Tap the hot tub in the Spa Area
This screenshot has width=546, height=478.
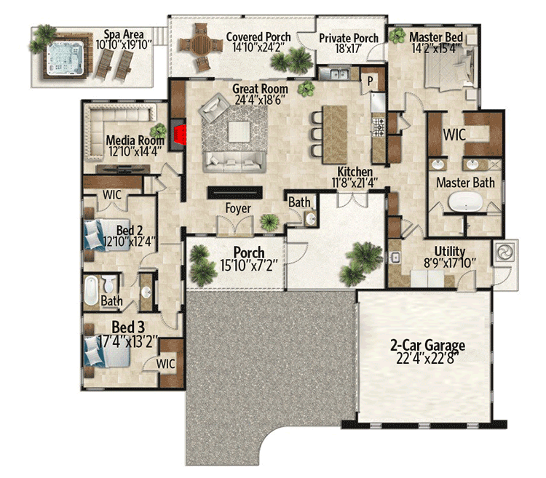(x=65, y=58)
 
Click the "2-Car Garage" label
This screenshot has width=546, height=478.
(x=427, y=346)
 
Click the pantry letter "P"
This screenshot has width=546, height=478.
(x=370, y=81)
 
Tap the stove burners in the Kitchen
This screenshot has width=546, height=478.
(x=379, y=127)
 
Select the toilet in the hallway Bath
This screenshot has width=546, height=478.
(x=108, y=283)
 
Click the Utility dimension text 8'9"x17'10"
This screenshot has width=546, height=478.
(x=450, y=263)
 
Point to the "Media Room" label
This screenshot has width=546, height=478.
(x=135, y=140)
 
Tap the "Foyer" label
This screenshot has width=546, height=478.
(x=238, y=208)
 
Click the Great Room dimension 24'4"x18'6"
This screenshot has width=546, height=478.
(x=260, y=100)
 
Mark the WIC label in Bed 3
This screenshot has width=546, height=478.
(x=165, y=364)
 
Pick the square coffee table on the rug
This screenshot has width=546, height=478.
(x=239, y=132)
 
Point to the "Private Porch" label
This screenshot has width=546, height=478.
(x=349, y=38)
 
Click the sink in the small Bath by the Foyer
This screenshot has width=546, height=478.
(x=311, y=219)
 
